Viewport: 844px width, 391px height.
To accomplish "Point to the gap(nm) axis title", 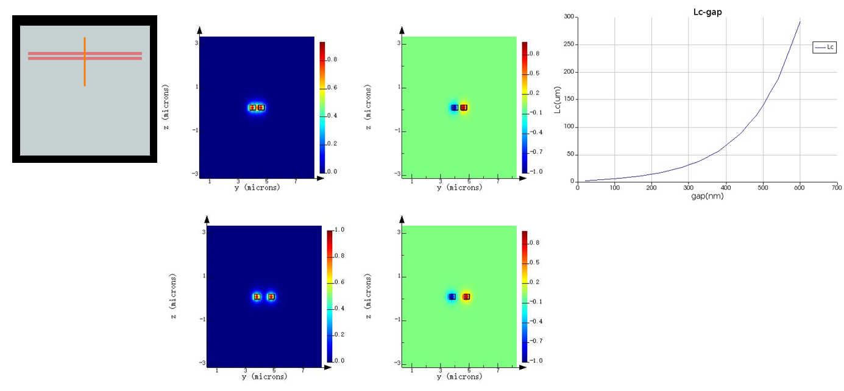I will point(707,196).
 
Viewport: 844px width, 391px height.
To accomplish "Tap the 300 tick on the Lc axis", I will point(569,16).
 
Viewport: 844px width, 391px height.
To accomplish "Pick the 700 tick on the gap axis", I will point(836,188).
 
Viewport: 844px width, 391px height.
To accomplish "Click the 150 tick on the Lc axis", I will point(569,99).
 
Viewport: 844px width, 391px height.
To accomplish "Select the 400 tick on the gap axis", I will point(725,188).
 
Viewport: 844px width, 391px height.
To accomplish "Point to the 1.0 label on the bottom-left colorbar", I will point(340,230).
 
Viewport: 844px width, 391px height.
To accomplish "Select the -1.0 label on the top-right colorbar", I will point(535,172).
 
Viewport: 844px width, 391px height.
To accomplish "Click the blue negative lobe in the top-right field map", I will point(454,107).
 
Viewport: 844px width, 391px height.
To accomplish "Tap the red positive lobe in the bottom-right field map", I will point(467,296).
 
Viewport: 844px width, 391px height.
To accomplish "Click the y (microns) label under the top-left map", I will point(257,188).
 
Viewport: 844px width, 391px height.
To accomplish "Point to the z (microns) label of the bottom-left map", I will point(174,296).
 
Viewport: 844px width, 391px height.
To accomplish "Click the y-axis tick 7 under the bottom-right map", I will point(498,370).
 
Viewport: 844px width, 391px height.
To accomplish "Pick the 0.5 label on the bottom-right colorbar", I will point(534,262).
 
